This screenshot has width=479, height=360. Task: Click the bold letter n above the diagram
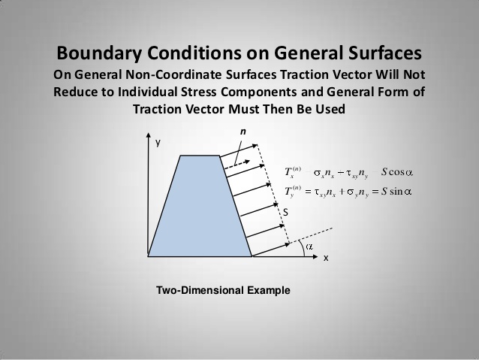(243, 132)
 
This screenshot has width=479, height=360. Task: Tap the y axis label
(158, 142)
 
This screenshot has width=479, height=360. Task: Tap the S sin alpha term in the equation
(396, 191)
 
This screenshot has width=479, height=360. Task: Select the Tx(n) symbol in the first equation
(294, 172)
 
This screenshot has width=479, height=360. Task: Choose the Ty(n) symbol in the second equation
(294, 192)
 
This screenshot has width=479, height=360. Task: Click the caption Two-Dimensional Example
(222, 290)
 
